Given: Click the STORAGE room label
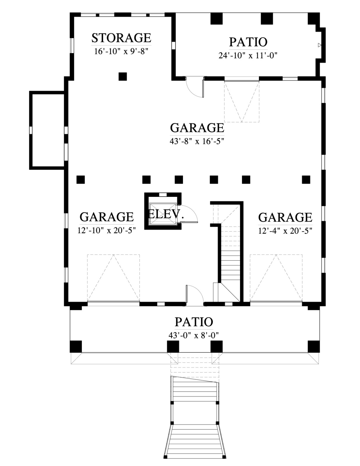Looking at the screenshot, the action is (x=121, y=38).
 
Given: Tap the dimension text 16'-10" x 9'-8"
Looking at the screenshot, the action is (x=121, y=52).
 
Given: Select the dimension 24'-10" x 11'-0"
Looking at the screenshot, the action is (x=248, y=56).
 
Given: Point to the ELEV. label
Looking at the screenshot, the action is (x=166, y=214).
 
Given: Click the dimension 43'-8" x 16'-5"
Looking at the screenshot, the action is (x=197, y=142).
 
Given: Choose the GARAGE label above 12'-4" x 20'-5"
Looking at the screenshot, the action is (x=285, y=217).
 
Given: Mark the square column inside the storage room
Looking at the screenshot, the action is (x=123, y=76).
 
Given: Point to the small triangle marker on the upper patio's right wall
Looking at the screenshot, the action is (x=320, y=45).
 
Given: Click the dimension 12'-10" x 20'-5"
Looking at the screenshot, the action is (x=107, y=231).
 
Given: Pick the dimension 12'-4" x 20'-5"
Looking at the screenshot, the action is (x=285, y=231).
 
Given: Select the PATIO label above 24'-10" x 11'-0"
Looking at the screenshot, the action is (x=248, y=42).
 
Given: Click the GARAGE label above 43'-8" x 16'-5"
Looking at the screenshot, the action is (x=197, y=128).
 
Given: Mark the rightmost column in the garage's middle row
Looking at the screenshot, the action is (x=306, y=179).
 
